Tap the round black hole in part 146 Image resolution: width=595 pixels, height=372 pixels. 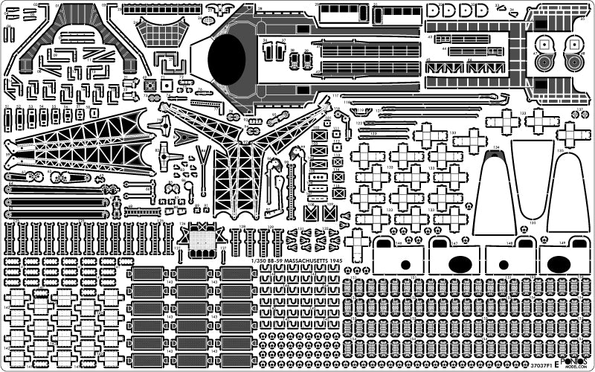coord(406,264)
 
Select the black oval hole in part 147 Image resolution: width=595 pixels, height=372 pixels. coord(459,263)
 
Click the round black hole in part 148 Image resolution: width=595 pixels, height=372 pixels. coord(506,264)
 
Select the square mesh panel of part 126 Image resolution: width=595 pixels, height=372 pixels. coord(201,238)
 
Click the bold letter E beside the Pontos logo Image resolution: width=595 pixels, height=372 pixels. coord(557,358)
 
